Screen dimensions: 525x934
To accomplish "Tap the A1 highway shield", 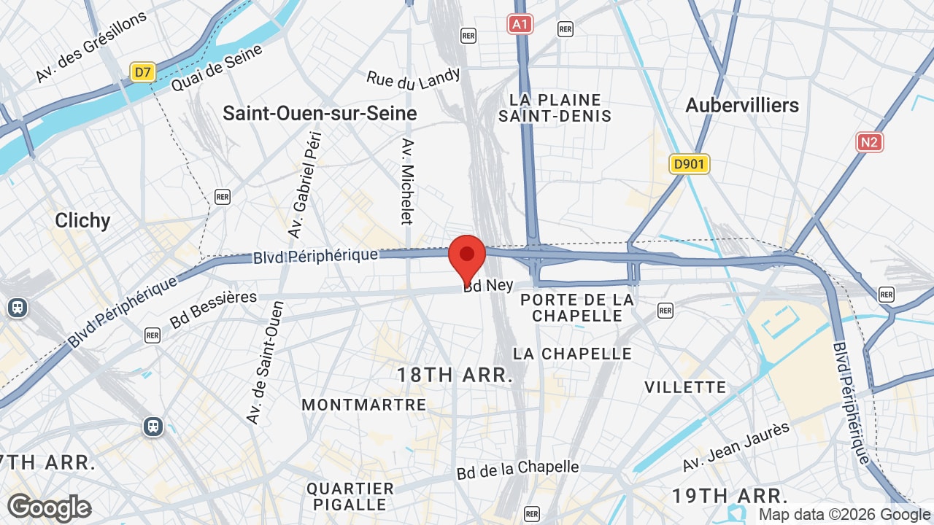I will [x=520, y=25].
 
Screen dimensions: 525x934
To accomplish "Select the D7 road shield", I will [x=142, y=72].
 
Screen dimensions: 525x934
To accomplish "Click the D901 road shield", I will [x=689, y=164].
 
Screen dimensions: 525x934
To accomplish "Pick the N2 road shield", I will [x=869, y=141].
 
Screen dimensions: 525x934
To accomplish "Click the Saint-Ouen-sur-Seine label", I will [x=320, y=114].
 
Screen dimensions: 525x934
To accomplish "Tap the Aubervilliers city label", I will [x=742, y=106].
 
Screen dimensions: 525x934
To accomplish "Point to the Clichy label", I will [x=82, y=220].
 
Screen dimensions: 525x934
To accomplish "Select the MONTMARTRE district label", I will [x=363, y=405].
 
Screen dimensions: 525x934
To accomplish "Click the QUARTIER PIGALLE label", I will [x=350, y=496].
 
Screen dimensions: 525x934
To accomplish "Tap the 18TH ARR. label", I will [x=455, y=376].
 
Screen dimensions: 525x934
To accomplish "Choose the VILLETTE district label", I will [x=685, y=387].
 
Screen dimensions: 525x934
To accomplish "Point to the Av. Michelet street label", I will [x=407, y=182].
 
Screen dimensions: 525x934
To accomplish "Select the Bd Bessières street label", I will [x=213, y=309].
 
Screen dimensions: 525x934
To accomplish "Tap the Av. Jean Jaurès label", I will [x=736, y=446].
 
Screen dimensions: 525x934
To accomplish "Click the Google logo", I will [x=49, y=507].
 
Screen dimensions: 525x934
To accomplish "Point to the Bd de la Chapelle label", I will [x=517, y=470].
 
